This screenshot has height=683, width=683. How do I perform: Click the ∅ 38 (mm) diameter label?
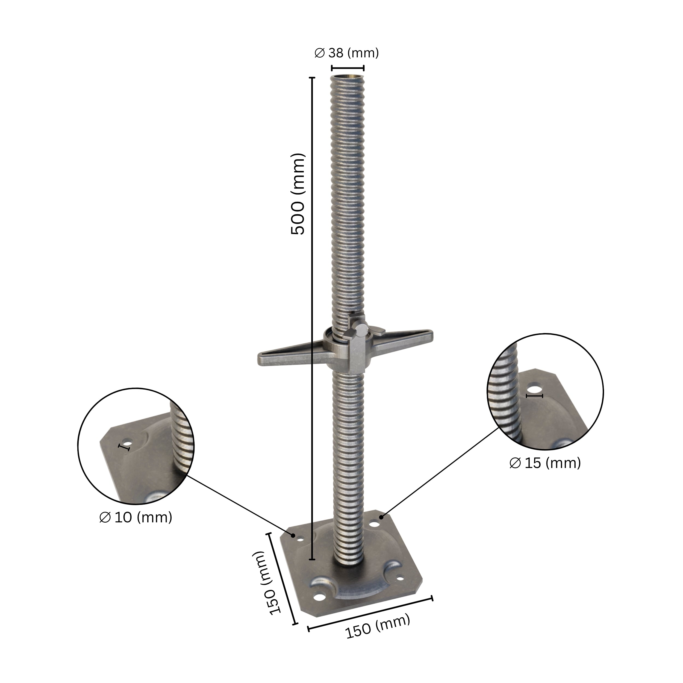pyautogui.click(x=346, y=53)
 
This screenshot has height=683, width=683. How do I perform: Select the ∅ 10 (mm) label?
pyautogui.click(x=136, y=517)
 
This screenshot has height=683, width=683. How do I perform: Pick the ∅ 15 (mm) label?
pyautogui.click(x=545, y=463)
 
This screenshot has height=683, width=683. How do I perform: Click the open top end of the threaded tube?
pyautogui.click(x=348, y=76)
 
